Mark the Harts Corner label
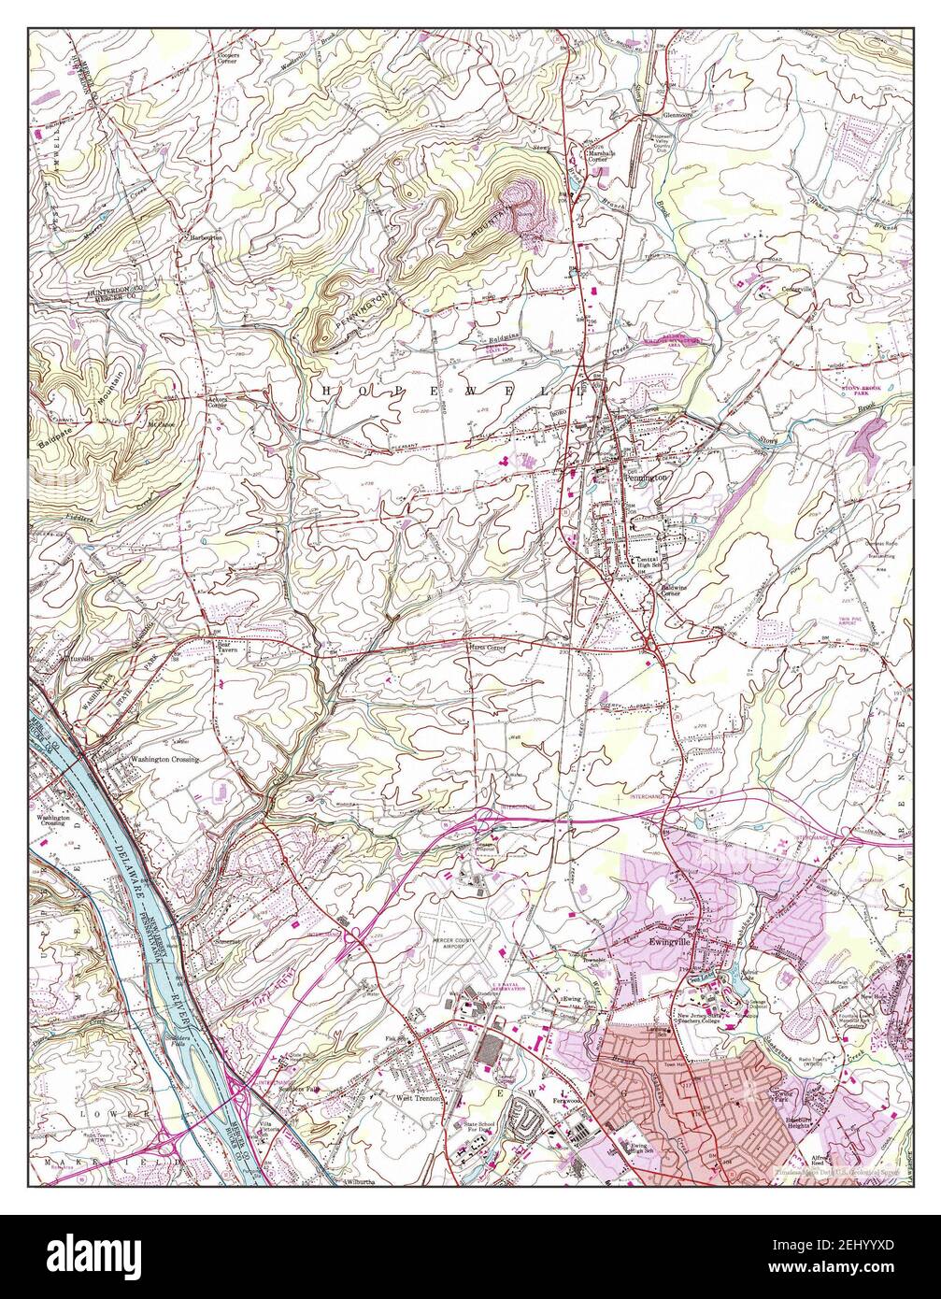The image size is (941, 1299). coord(485,647)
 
